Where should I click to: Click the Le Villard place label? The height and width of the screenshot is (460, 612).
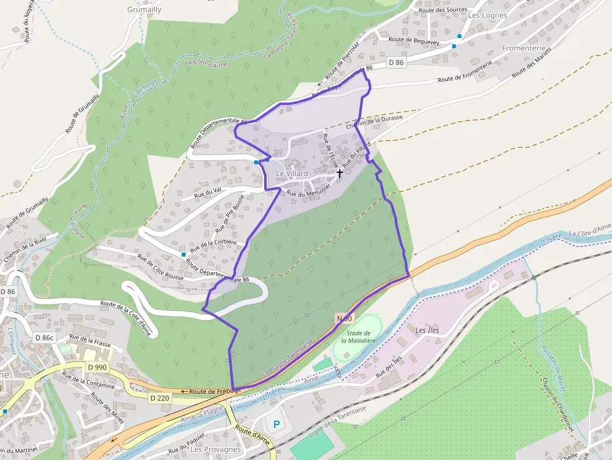292,174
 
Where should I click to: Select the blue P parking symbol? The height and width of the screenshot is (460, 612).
276,424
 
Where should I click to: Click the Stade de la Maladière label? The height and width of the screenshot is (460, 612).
358,337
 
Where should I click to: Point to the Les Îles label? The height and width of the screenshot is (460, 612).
427,329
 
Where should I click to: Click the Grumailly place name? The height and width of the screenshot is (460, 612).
144,10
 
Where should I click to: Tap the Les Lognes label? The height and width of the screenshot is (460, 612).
488,15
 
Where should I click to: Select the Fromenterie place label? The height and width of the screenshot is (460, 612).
524,48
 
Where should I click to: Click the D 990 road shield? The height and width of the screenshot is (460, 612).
97,368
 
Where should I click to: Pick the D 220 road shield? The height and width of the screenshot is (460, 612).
160,397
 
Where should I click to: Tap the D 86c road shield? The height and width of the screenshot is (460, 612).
45,338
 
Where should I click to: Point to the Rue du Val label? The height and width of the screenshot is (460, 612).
208,192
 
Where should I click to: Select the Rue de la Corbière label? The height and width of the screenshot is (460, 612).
213,246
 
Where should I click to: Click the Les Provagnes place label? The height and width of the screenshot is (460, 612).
215,449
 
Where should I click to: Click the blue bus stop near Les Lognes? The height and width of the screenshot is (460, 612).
460,36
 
